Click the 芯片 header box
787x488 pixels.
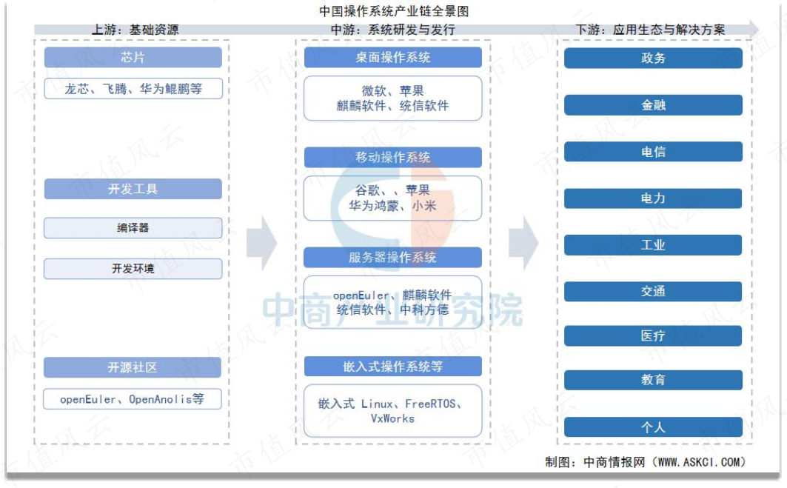coord(133,57)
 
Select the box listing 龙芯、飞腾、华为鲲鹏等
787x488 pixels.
coord(133,88)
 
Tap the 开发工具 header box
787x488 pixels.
coord(133,189)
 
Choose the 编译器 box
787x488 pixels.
coord(133,228)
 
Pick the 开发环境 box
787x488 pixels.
coord(133,269)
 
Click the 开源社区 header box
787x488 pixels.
coord(133,367)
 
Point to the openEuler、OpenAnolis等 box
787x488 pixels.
coord(133,399)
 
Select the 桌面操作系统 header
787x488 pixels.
coord(393,57)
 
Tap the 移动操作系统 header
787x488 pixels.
coord(393,157)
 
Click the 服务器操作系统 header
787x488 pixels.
coord(393,258)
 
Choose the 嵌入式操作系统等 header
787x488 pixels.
coord(393,367)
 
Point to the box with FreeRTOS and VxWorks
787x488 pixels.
coord(393,411)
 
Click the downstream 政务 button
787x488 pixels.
coord(653,59)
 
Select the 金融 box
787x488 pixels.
coord(653,105)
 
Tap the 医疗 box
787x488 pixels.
coord(653,336)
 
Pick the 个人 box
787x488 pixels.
coord(653,427)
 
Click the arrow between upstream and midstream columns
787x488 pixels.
coord(261,244)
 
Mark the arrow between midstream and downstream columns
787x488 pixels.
coord(523,244)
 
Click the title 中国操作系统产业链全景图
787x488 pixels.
coord(394,10)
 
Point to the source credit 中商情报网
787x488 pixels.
coord(614,462)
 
